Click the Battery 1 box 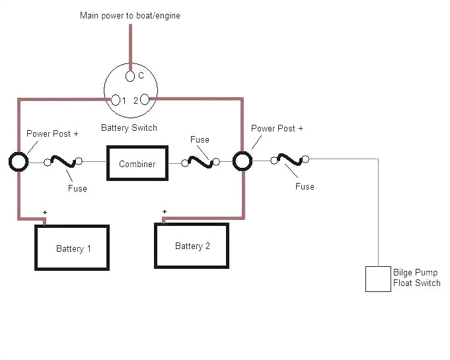71,248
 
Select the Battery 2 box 192,246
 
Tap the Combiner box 137,163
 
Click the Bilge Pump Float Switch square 378,279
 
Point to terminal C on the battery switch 130,75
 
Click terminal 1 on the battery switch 116,100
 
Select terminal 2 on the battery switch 145,100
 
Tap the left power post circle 19,162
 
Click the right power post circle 243,162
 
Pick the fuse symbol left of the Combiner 63,161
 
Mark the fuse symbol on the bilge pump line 289,159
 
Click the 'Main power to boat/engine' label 130,15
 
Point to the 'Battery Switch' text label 129,127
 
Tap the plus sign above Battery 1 45,212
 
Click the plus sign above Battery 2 164,211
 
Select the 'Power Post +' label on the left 52,133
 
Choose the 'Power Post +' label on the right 278,128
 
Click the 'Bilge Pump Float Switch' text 416,278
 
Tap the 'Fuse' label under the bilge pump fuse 305,186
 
